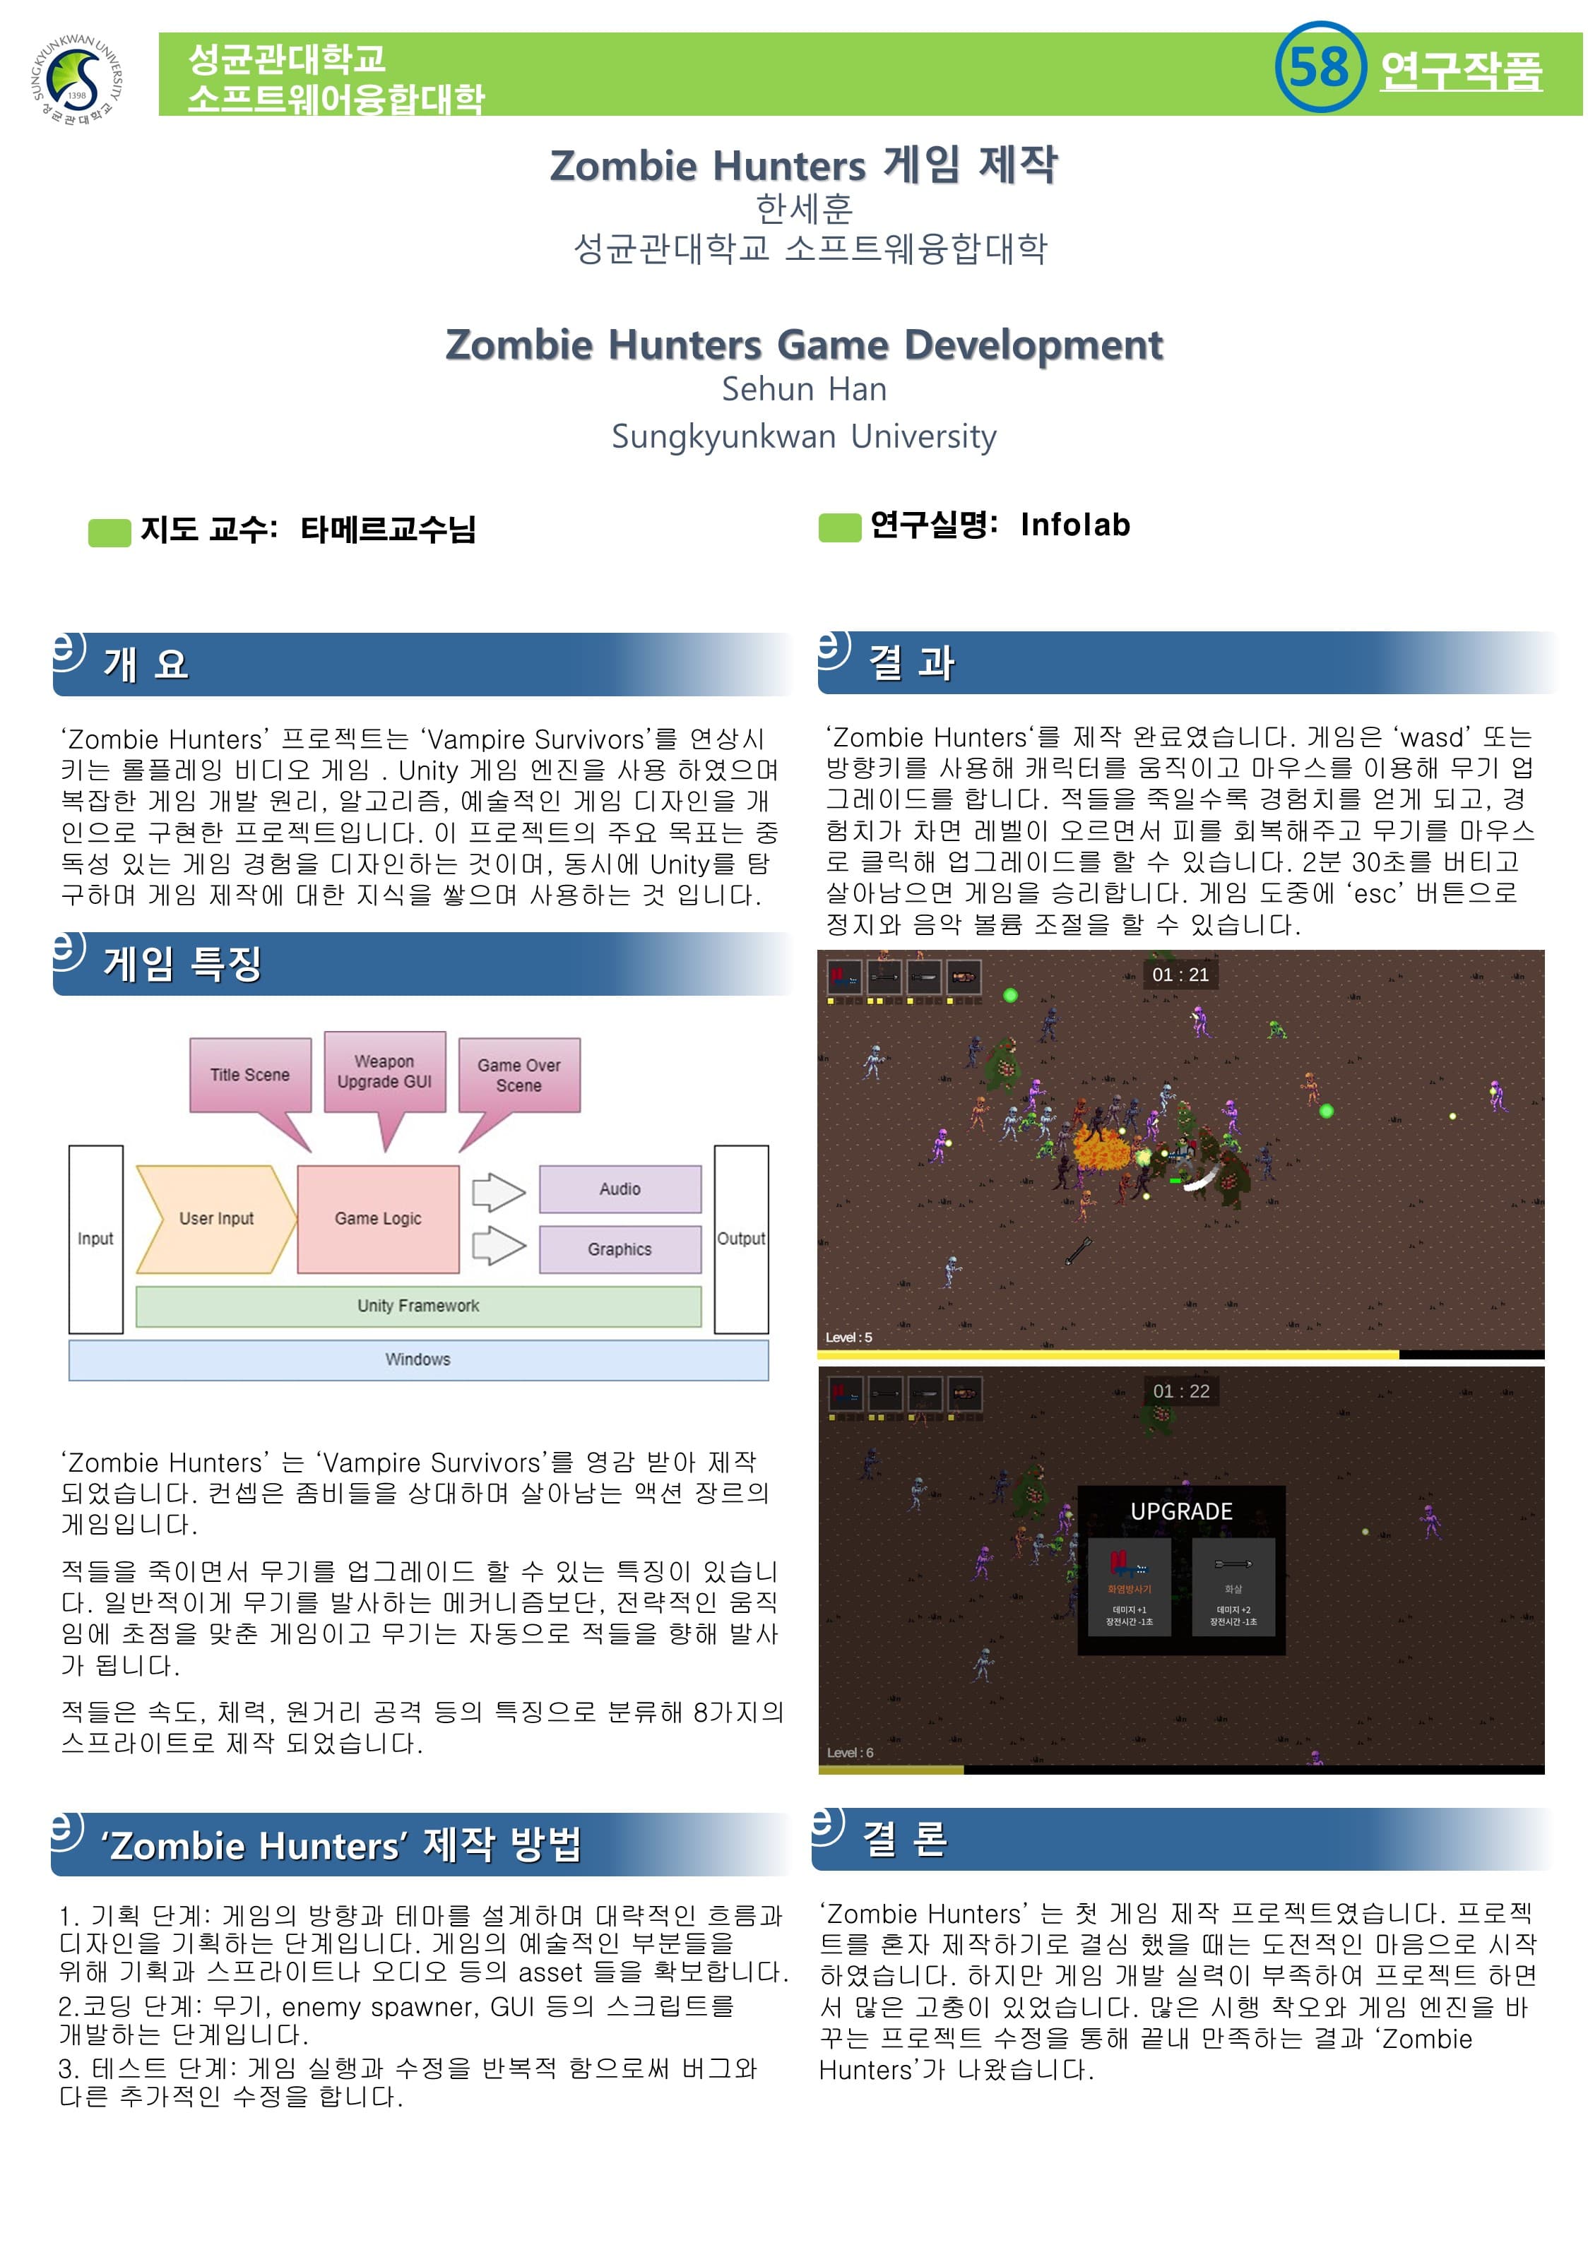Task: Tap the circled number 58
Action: [1319, 66]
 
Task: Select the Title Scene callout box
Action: [250, 1075]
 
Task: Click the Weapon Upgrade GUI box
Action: [384, 1072]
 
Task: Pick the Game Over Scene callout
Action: [519, 1075]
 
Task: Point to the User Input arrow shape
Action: [216, 1218]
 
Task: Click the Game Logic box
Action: [377, 1218]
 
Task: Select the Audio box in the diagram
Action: [620, 1189]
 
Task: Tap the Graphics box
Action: [620, 1249]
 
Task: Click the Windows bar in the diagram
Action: [418, 1360]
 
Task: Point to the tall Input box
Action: [96, 1239]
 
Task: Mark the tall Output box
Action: [741, 1239]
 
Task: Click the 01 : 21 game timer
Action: [1180, 975]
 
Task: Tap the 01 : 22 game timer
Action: [1181, 1391]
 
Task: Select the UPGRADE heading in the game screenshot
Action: [1181, 1512]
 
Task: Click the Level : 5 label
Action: [849, 1338]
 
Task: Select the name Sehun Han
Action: [804, 389]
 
